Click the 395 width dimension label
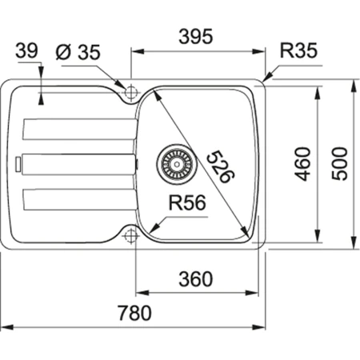pyautogui.click(x=194, y=36)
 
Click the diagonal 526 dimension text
pyautogui.click(x=217, y=166)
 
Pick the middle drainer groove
pyautogui.click(x=76, y=162)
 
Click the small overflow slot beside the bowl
pyautogui.click(x=137, y=162)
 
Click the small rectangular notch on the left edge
pyautogui.click(x=15, y=162)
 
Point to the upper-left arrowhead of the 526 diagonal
pyautogui.click(x=155, y=93)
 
